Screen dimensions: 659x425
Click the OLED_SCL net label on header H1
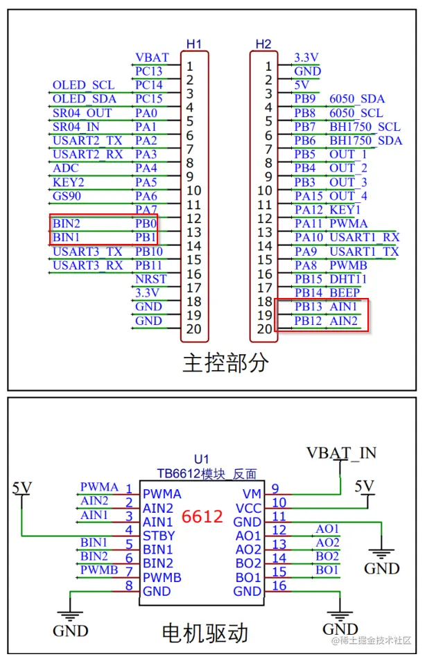83,85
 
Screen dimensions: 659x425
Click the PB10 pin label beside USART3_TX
148,251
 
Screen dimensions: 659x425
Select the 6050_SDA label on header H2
356,99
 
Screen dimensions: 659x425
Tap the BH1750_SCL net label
365,127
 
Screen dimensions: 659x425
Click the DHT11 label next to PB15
348,279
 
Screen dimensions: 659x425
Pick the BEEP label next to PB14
345,292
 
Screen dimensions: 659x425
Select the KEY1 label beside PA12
345,209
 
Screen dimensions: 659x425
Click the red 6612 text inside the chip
202,517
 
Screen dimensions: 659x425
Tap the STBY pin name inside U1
159,536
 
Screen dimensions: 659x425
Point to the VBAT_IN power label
341,453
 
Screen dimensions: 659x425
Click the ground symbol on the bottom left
70,615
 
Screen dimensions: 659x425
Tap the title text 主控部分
215,362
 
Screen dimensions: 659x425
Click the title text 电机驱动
204,632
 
